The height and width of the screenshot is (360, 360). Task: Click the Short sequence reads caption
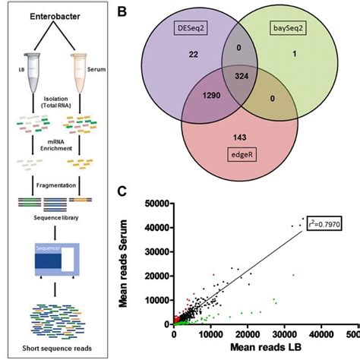62,349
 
